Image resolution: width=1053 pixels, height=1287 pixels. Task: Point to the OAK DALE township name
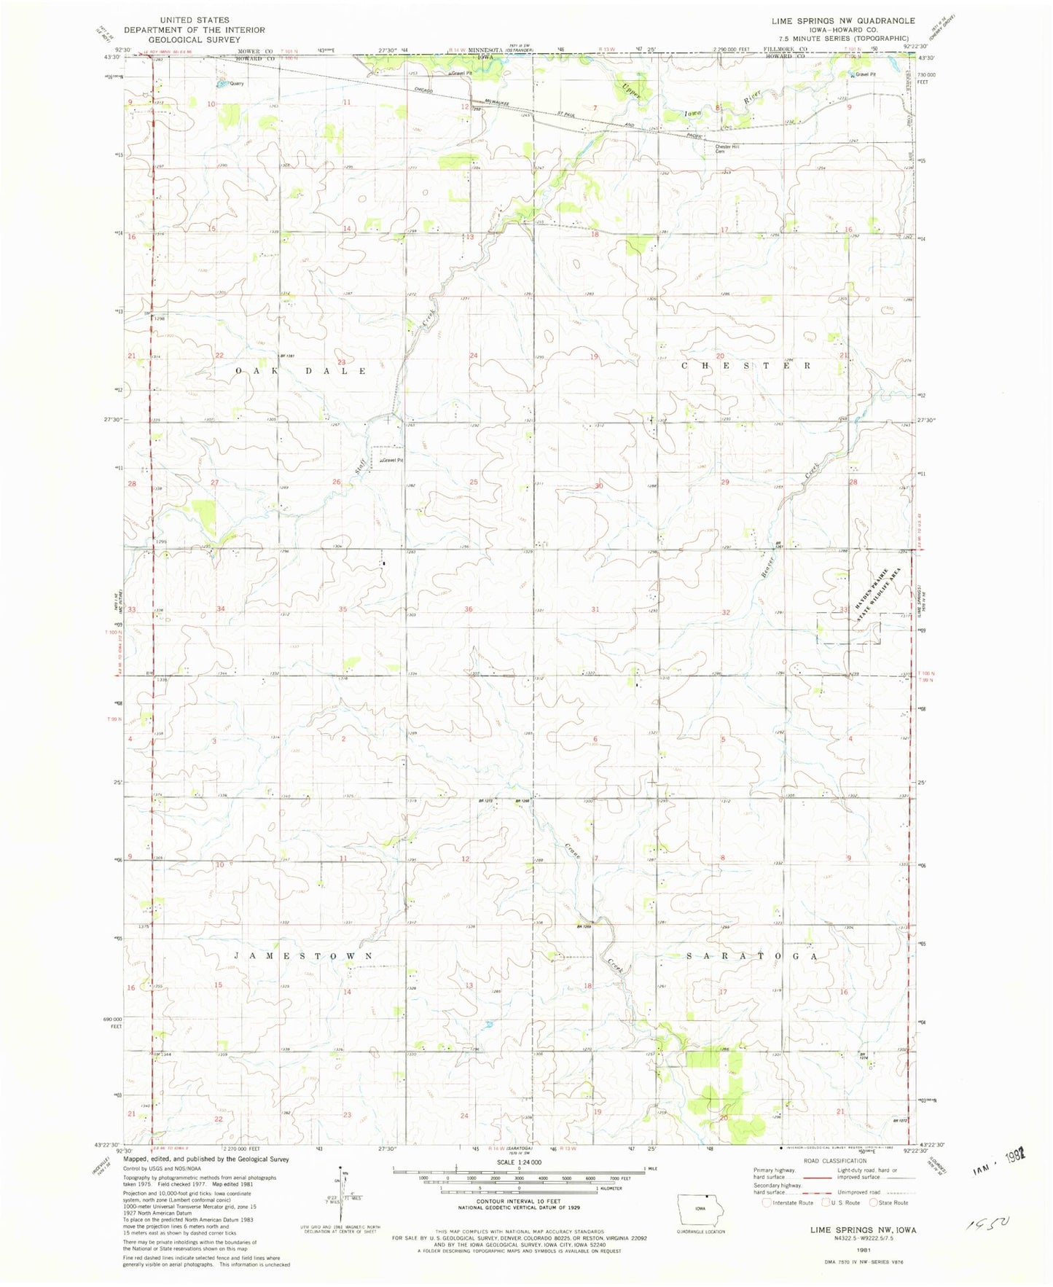[301, 371]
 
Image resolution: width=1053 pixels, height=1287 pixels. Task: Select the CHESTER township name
[746, 365]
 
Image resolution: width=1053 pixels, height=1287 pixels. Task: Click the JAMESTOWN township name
[304, 955]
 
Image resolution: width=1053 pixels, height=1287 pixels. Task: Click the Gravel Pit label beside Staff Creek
[391, 461]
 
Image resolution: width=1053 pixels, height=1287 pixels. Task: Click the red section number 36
[469, 609]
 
